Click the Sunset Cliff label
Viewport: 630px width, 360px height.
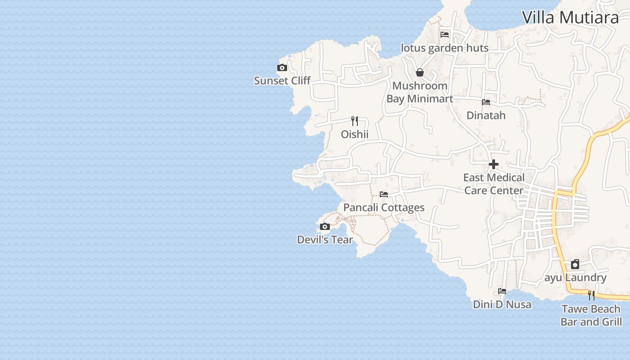(282, 81)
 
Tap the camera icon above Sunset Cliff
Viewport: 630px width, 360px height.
(282, 68)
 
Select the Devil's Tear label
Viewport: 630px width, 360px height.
(325, 240)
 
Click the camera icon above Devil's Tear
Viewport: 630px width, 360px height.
(325, 226)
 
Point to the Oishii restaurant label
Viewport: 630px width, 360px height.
(355, 134)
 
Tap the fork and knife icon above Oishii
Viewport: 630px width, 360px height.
(355, 121)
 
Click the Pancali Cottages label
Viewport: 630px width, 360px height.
(384, 207)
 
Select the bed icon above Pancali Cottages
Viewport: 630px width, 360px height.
(384, 194)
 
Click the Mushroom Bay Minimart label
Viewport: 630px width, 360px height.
(419, 92)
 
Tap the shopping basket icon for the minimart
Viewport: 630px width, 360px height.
(420, 72)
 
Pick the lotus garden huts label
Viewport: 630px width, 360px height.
(445, 48)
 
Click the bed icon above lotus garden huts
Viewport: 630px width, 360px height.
(445, 34)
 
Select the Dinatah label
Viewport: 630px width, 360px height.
(486, 115)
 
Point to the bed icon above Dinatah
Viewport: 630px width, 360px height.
(486, 102)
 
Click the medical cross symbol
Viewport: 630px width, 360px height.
(494, 164)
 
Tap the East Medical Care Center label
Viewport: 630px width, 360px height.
(494, 184)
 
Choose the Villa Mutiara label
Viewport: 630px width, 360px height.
(570, 17)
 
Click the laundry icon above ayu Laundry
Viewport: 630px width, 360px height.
(575, 264)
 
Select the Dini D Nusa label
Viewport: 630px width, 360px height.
(502, 305)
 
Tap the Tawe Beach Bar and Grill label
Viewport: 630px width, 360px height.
(591, 315)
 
